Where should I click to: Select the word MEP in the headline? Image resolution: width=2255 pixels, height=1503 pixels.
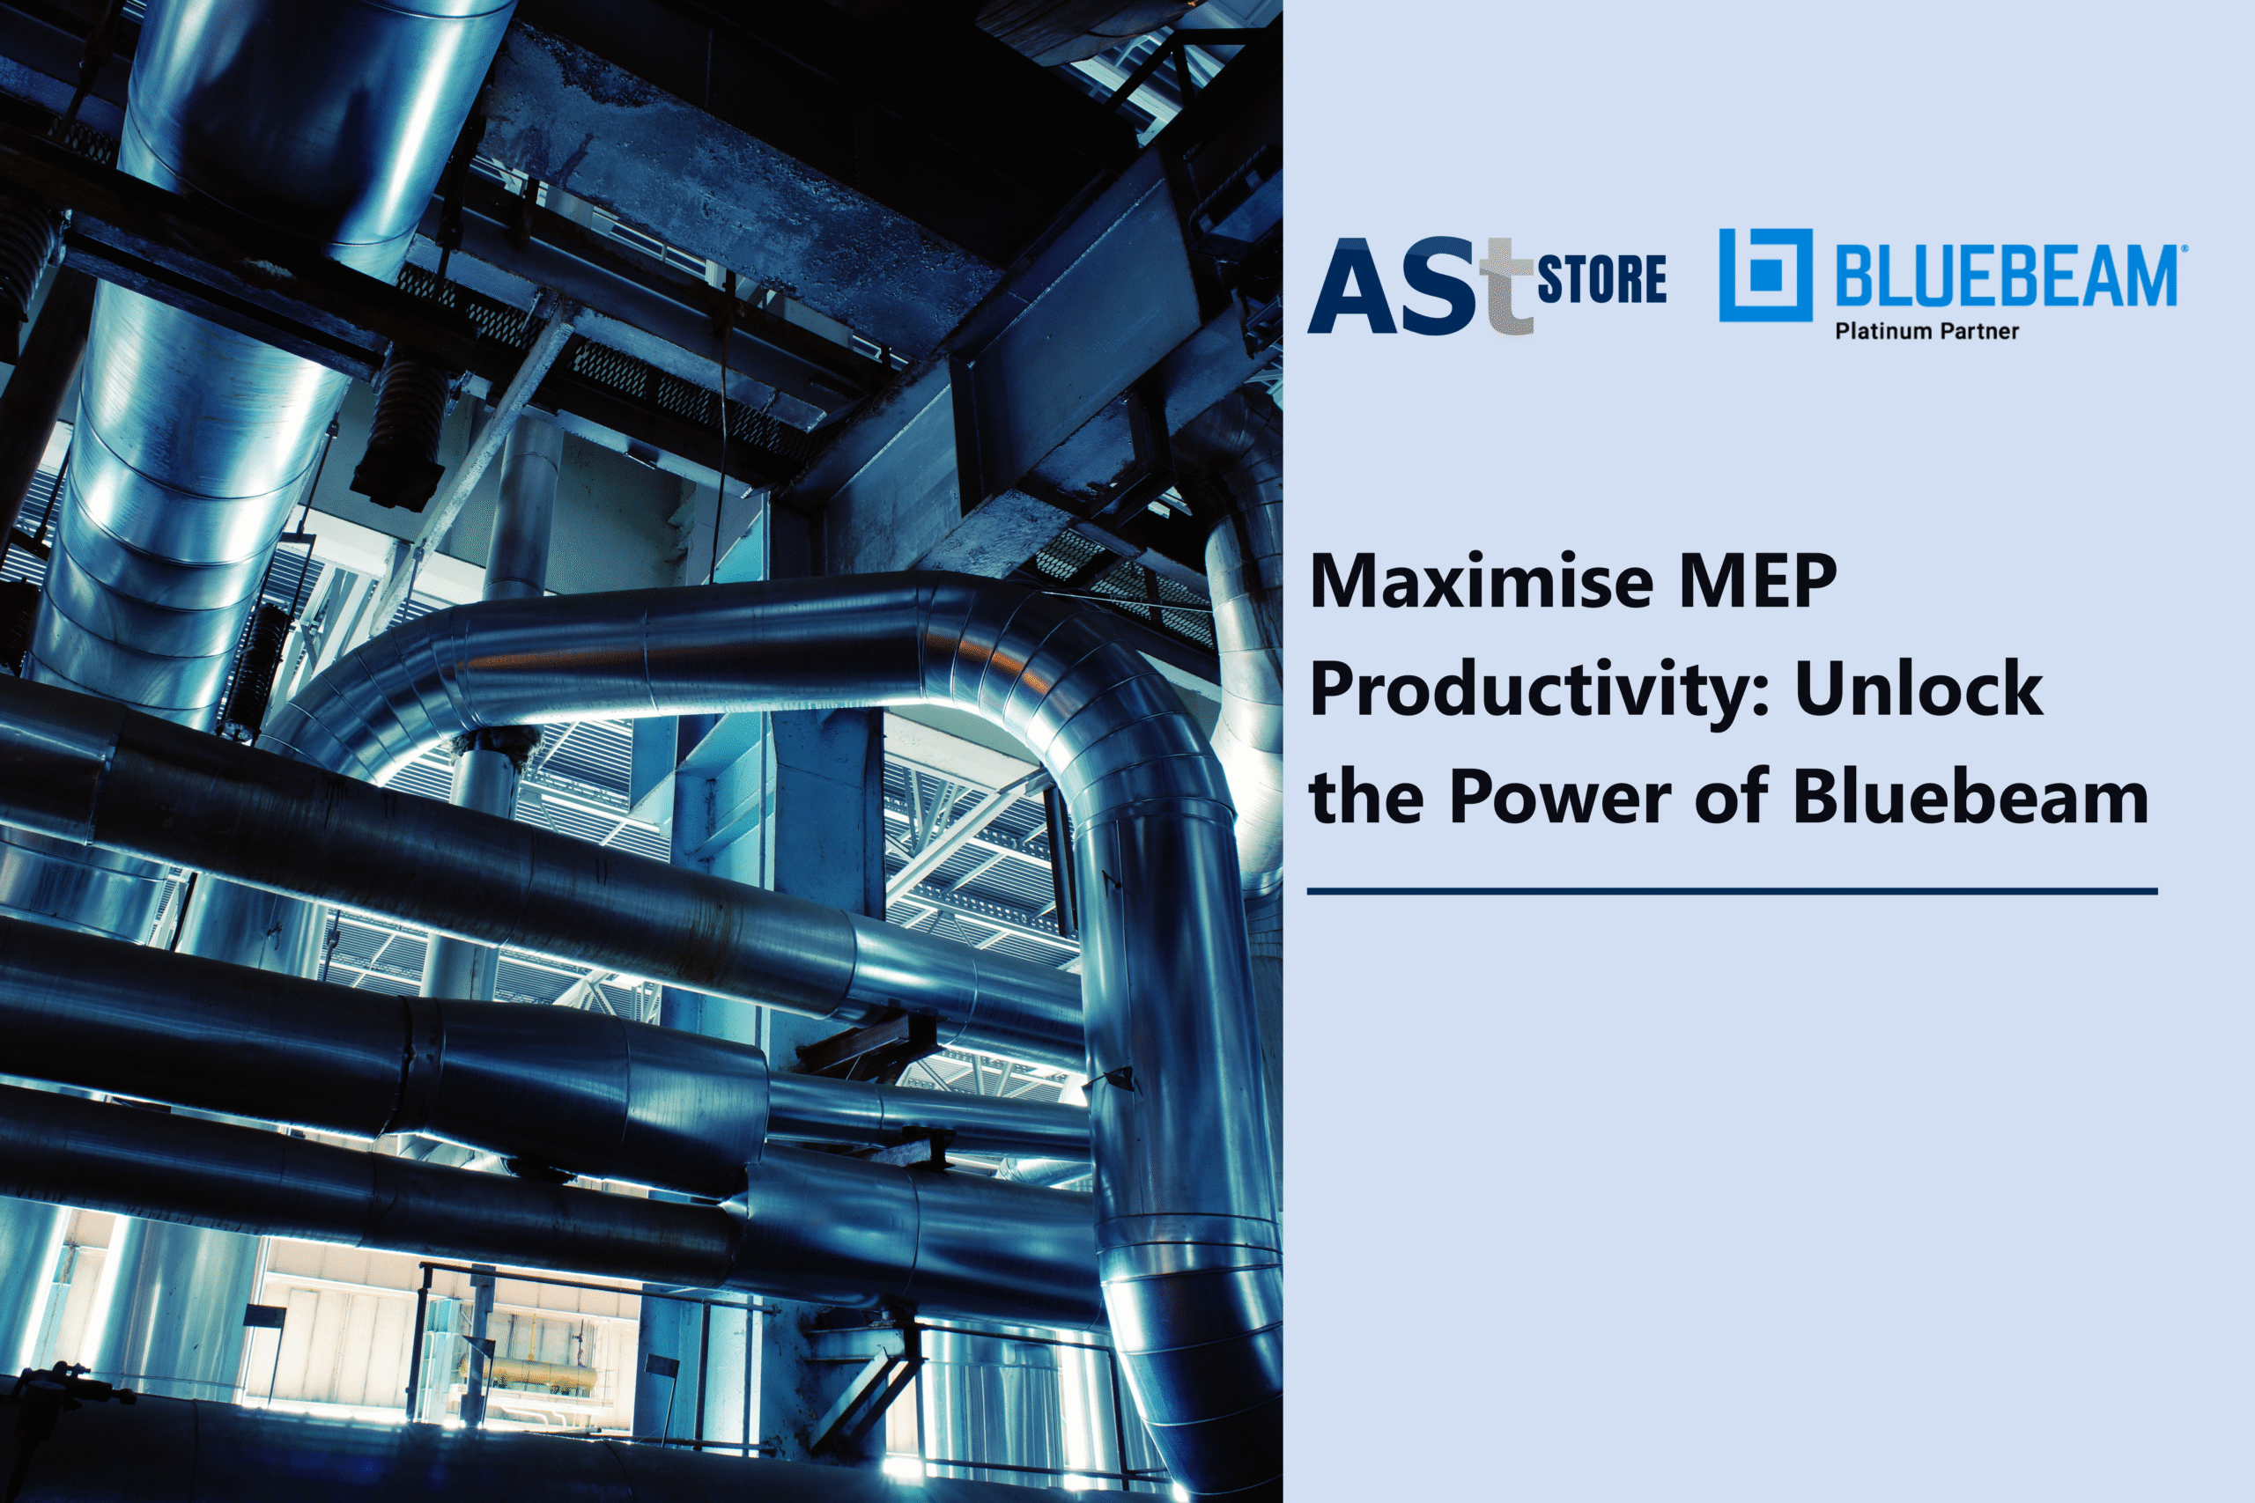point(1757,581)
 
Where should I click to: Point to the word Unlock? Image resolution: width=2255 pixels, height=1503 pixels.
point(1919,688)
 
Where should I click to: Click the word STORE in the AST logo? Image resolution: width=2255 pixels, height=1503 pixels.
point(1602,278)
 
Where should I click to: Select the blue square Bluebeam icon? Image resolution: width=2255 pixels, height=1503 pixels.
point(1765,275)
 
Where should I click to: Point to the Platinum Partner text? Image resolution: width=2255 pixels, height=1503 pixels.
point(1926,332)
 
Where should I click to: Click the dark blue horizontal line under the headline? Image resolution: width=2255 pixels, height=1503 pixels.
point(1732,891)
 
